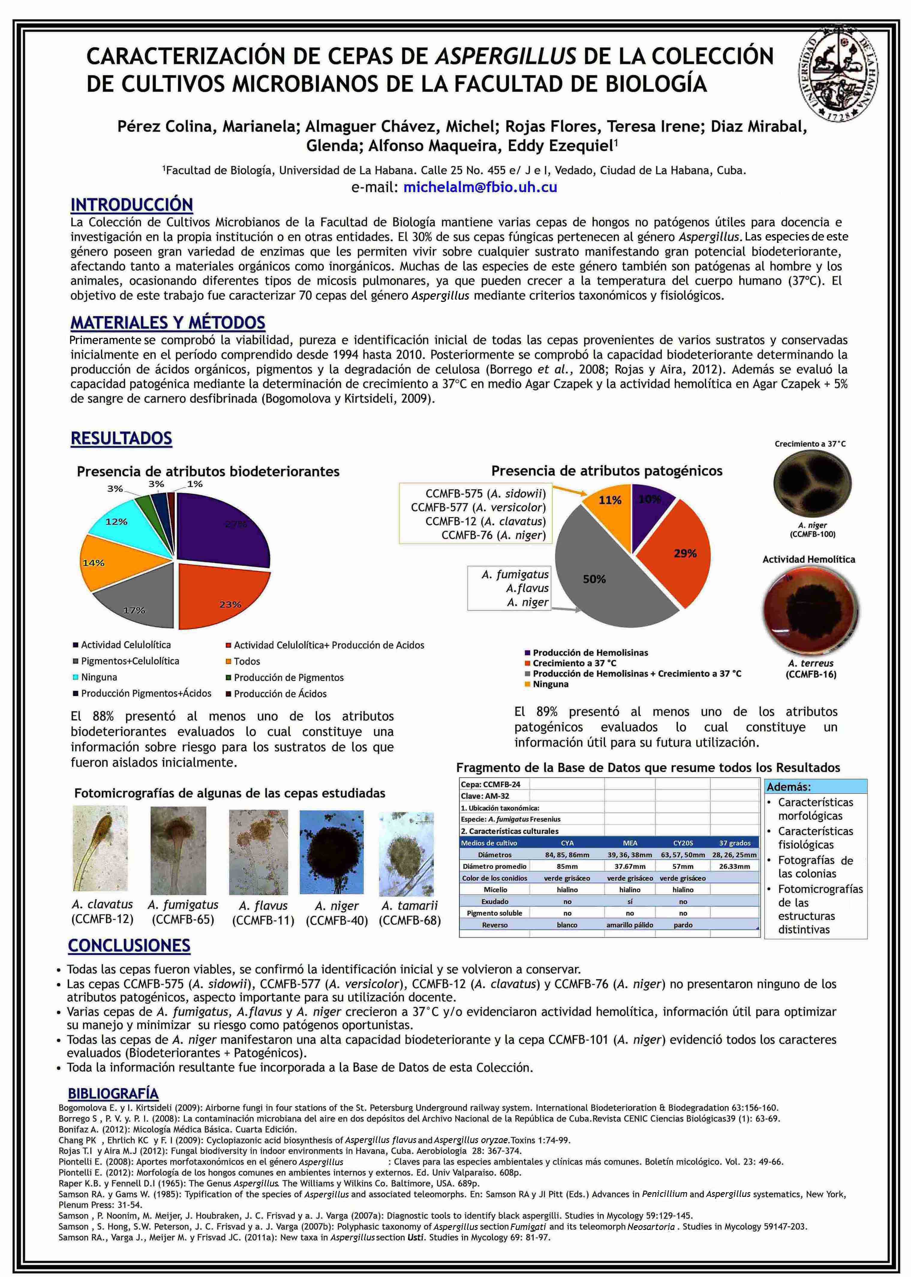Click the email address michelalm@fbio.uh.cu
click(480, 187)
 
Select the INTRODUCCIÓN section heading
click(132, 205)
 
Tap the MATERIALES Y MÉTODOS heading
click(168, 323)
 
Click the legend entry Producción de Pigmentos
click(288, 677)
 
